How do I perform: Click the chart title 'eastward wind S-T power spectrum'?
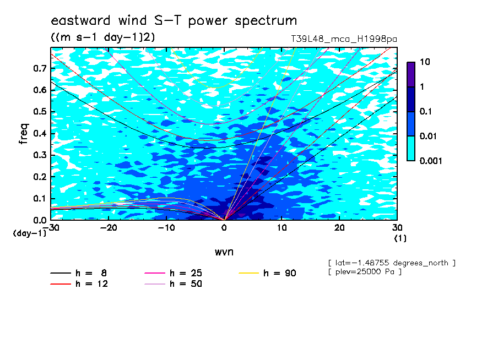pos(174,20)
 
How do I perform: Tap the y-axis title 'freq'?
pos(24,134)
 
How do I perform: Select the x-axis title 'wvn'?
pos(224,252)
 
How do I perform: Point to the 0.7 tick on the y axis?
pos(40,68)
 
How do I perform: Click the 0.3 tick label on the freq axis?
pos(40,155)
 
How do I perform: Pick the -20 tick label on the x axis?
pos(109,228)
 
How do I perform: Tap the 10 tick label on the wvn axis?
pos(282,228)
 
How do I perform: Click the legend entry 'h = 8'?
pos(78,273)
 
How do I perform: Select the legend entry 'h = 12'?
pos(79,284)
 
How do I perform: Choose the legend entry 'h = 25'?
pos(173,273)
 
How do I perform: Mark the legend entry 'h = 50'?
pos(173,284)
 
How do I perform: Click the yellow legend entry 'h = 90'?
pos(267,273)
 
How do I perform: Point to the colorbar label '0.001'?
pos(431,161)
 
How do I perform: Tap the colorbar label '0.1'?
pos(426,111)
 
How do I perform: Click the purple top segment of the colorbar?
pos(411,75)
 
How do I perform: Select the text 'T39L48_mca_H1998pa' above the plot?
pos(344,39)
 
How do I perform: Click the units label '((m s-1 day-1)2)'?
pos(103,37)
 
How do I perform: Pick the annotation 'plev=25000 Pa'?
pos(365,272)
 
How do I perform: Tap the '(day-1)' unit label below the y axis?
pos(29,233)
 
